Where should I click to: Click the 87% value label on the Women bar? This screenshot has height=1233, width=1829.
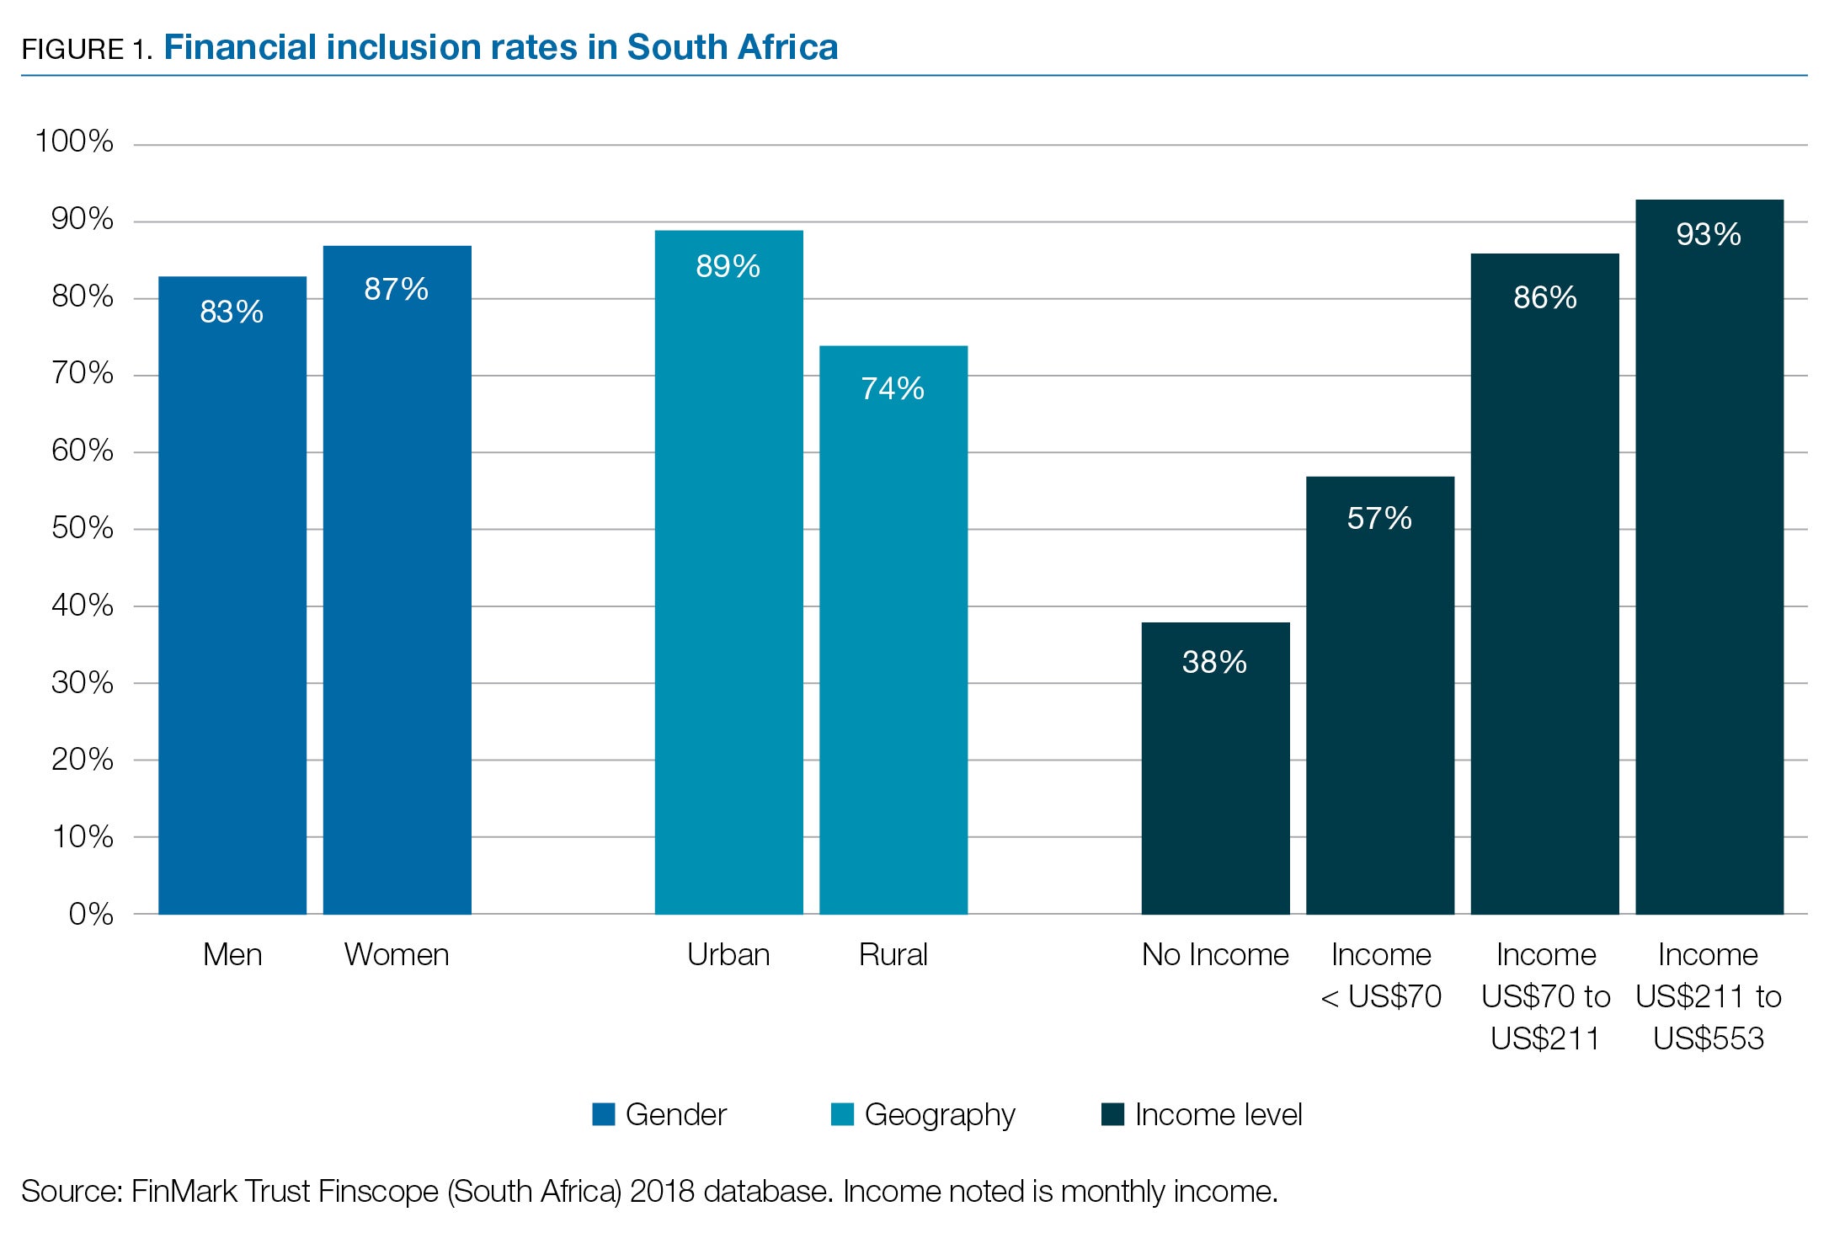[396, 289]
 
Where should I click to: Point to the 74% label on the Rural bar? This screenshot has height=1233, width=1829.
[893, 388]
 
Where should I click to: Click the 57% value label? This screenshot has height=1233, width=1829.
[1379, 518]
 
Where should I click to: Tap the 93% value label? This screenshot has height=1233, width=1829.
[1709, 234]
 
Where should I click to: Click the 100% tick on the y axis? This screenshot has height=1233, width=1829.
[74, 141]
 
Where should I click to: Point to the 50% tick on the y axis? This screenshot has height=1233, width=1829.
[83, 528]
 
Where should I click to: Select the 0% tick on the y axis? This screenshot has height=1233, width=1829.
[91, 914]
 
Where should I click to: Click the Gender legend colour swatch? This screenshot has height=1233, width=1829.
[604, 1114]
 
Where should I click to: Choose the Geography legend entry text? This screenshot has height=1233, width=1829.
[940, 1114]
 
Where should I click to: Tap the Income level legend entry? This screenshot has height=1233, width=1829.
[1218, 1114]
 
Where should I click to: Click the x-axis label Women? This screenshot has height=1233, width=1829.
[396, 954]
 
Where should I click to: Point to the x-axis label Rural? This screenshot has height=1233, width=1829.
[893, 954]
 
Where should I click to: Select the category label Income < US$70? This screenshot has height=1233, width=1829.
[1381, 975]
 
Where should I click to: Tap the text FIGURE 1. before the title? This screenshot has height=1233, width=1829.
[87, 50]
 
